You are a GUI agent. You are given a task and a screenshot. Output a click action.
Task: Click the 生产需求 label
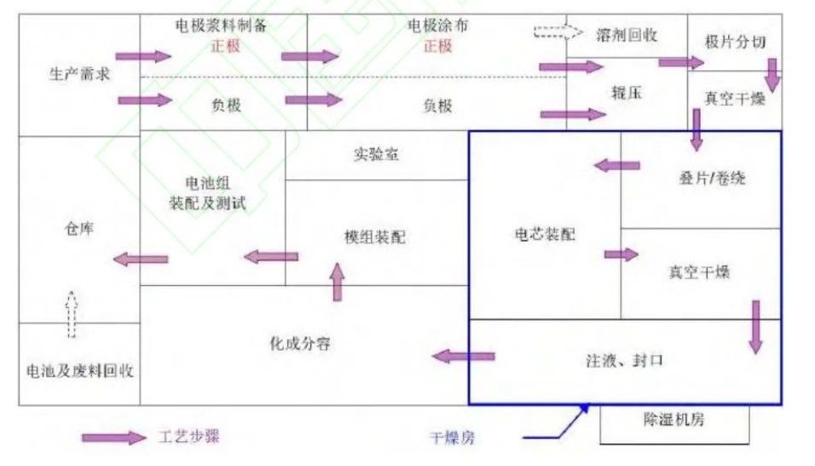tap(79, 74)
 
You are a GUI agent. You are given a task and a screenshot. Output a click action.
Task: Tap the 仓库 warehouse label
tap(79, 228)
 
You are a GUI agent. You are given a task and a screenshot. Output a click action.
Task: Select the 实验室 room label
tap(376, 154)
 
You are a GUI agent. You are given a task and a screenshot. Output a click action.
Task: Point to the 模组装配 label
tap(375, 237)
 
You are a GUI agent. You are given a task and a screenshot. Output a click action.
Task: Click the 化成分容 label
tap(300, 343)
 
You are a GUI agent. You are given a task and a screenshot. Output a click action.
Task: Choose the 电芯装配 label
tap(545, 234)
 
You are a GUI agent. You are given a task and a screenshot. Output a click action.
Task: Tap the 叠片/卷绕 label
tap(712, 178)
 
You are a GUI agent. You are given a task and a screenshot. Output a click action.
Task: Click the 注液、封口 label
tap(625, 360)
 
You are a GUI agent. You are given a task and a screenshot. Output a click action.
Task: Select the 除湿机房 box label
tap(674, 420)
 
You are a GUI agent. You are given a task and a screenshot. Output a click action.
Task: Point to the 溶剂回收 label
tap(627, 35)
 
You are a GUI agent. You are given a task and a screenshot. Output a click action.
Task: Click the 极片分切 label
tap(735, 42)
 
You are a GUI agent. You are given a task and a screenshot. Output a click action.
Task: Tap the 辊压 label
tap(627, 92)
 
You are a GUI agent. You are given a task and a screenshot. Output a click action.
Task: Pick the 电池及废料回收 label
tap(79, 370)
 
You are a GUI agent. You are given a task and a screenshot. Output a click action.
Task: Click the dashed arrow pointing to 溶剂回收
tap(558, 32)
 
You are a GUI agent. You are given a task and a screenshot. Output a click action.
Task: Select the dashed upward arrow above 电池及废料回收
tap(72, 315)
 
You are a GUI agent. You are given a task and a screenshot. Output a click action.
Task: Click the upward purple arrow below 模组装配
tap(338, 282)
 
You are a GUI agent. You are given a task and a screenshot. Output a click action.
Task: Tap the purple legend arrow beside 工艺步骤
tap(114, 438)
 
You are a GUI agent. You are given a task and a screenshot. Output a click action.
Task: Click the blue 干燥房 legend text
tap(452, 438)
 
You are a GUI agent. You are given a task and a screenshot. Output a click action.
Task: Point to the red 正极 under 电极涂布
tap(437, 46)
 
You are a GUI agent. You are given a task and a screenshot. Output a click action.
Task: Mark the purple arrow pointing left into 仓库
tap(141, 259)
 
